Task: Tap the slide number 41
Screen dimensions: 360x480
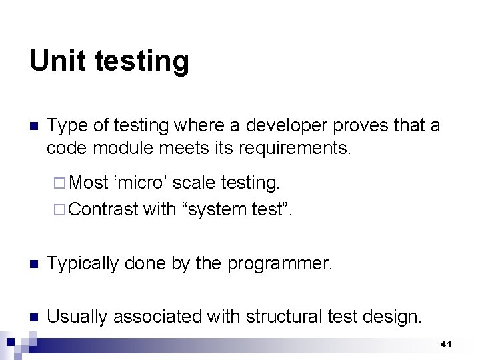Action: click(x=446, y=344)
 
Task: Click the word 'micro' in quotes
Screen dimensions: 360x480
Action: click(x=141, y=182)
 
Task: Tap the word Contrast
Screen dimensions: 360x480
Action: click(x=104, y=209)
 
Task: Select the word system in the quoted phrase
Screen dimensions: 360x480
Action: click(x=215, y=210)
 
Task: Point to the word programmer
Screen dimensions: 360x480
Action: click(x=279, y=264)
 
